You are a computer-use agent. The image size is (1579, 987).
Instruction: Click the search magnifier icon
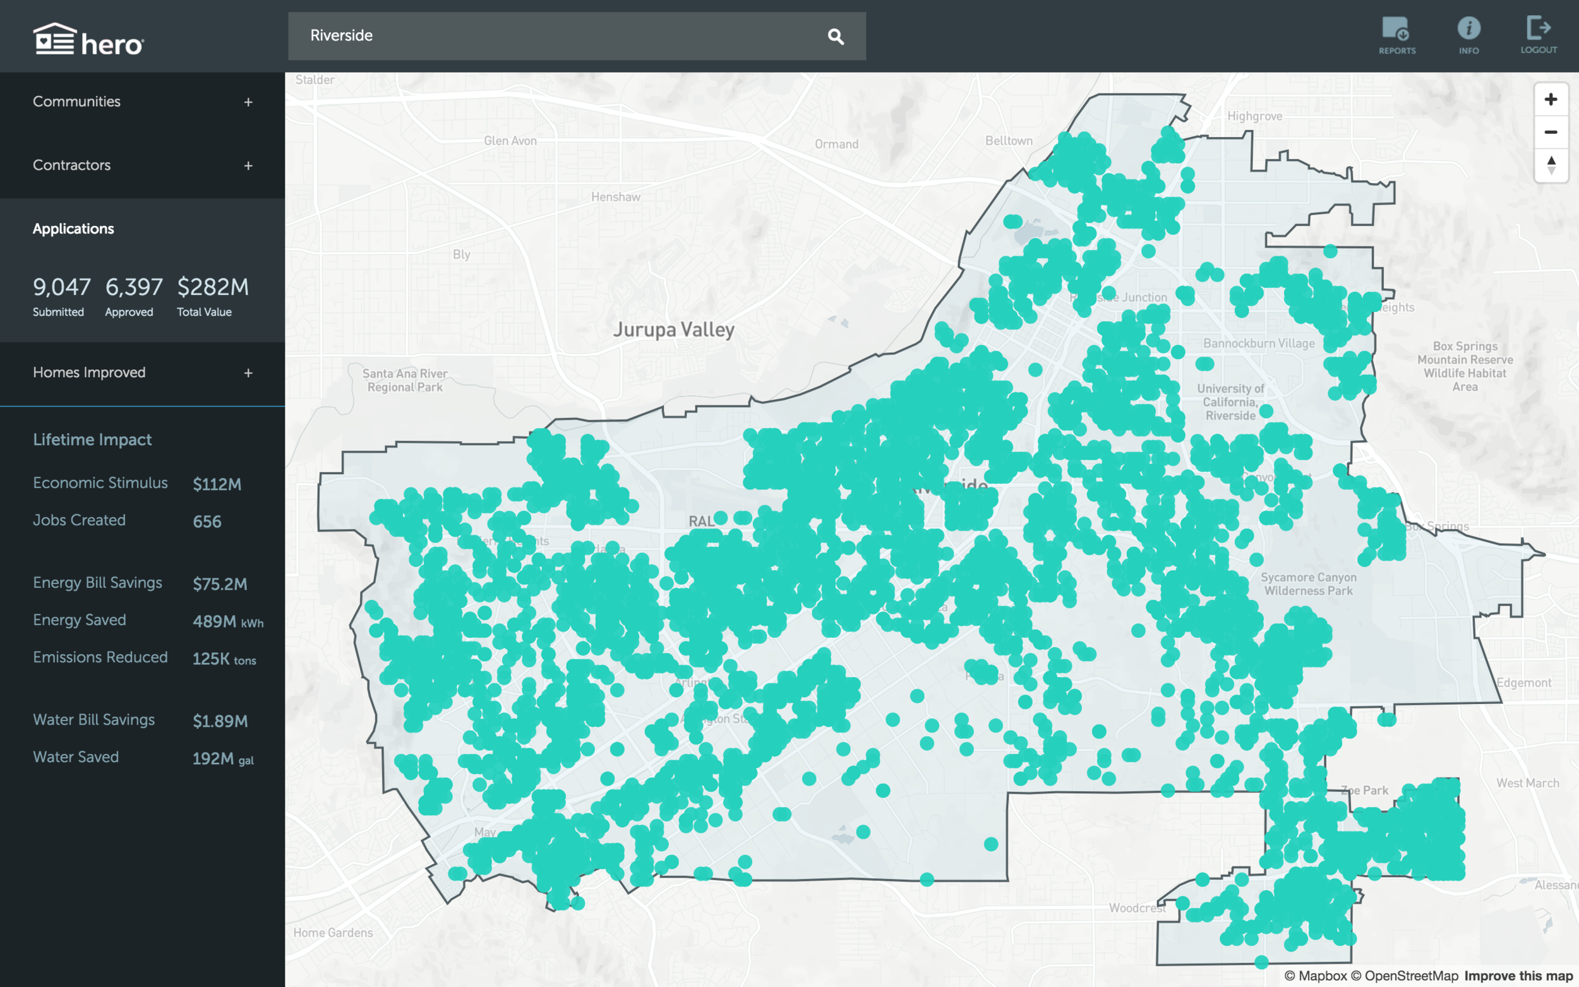836,37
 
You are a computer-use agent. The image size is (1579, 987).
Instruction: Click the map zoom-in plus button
1551,99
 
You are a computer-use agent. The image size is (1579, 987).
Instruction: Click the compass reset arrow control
1551,165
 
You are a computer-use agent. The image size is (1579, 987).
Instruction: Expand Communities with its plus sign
248,102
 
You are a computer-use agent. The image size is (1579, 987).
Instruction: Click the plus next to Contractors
248,166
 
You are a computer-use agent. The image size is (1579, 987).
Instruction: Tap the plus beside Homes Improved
248,373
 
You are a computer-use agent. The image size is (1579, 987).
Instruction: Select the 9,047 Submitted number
61,287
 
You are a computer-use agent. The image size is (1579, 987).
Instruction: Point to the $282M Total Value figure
213,287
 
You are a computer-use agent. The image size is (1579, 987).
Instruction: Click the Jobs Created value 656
207,522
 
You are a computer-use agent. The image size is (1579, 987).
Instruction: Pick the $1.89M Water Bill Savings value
220,721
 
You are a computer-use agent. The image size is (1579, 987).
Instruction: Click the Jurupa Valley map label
673,330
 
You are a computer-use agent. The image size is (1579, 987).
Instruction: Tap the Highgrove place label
1254,116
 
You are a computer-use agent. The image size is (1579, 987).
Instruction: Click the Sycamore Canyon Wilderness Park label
1308,583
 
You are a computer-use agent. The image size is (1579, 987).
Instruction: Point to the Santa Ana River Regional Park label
405,380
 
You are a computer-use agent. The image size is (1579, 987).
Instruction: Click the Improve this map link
1518,976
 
